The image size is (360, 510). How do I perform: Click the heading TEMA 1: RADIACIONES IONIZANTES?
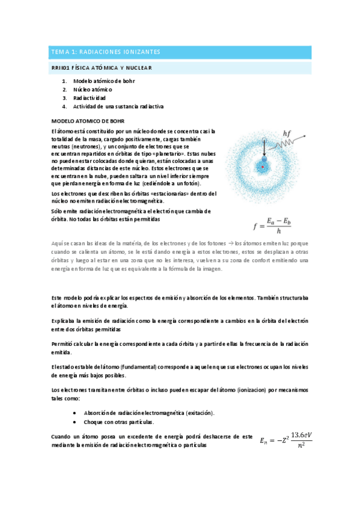[105, 52]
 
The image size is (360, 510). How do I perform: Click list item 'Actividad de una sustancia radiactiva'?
[118, 106]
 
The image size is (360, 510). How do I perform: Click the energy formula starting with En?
[286, 441]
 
